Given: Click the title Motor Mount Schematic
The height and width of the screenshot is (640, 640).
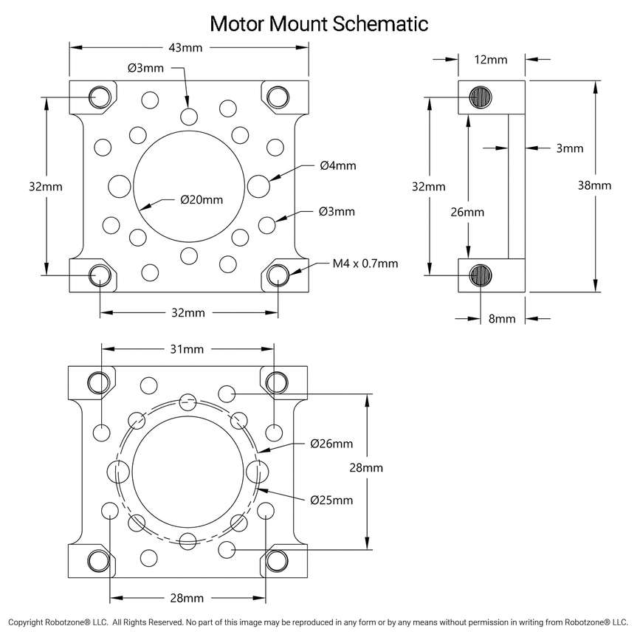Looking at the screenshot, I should click(319, 23).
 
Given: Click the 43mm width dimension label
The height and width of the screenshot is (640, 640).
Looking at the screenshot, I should click(187, 48).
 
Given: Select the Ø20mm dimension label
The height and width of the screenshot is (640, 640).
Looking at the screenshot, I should click(201, 199).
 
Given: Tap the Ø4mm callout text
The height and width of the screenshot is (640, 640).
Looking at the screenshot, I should click(338, 165).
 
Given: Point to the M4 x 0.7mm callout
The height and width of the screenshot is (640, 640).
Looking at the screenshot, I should click(365, 263).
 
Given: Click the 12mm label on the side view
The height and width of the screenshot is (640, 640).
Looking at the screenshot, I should click(491, 59).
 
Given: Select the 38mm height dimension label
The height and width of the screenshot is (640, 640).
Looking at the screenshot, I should click(594, 185).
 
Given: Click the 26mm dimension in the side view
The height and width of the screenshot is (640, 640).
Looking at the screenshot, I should click(469, 212).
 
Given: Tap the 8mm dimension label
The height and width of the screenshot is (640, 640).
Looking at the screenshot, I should click(501, 319).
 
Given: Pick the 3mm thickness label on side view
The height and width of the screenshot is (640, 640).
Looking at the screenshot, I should click(569, 148).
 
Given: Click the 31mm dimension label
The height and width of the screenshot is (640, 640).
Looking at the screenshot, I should click(187, 348).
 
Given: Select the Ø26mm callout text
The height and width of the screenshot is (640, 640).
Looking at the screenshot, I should click(331, 444).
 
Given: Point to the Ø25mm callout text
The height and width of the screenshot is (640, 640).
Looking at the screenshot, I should click(331, 500).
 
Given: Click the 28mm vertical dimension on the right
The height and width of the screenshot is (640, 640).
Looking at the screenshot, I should click(365, 467).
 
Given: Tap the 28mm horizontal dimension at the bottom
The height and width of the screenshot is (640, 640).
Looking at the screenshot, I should click(187, 597).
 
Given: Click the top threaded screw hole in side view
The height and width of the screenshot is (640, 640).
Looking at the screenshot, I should click(482, 97).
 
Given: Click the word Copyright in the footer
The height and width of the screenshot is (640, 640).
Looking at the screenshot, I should click(30, 622).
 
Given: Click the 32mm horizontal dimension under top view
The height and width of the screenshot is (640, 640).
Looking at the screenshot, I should click(187, 313).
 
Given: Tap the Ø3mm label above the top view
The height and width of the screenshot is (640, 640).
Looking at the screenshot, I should click(145, 67).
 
